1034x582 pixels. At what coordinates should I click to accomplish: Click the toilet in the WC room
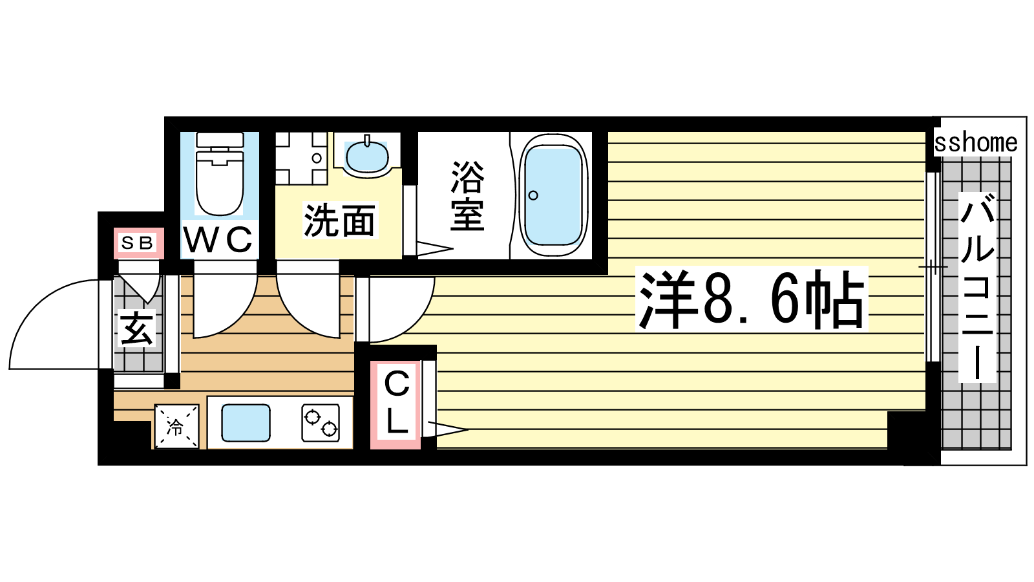(x=220, y=174)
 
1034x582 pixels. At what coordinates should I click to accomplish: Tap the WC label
(x=219, y=239)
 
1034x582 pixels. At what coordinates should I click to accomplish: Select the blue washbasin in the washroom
(x=367, y=156)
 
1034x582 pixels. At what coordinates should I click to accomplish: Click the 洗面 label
(x=340, y=221)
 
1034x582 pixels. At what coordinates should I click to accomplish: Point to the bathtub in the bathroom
(x=553, y=195)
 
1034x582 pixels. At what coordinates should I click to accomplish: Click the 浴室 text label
(x=468, y=196)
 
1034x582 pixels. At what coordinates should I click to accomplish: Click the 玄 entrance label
(x=136, y=329)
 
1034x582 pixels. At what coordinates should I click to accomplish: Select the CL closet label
(x=397, y=403)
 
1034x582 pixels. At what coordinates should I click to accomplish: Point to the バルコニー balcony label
(x=976, y=287)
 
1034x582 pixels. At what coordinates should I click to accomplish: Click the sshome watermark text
(x=976, y=143)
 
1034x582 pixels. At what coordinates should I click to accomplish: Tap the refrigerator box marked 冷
(x=176, y=426)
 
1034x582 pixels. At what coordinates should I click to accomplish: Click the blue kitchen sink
(x=246, y=423)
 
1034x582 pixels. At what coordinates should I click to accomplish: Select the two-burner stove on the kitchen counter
(x=321, y=423)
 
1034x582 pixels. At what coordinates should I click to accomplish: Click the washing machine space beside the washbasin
(x=301, y=158)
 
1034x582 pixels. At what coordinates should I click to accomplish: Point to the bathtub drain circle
(x=533, y=195)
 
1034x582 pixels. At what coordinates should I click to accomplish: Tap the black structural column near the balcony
(x=909, y=436)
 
